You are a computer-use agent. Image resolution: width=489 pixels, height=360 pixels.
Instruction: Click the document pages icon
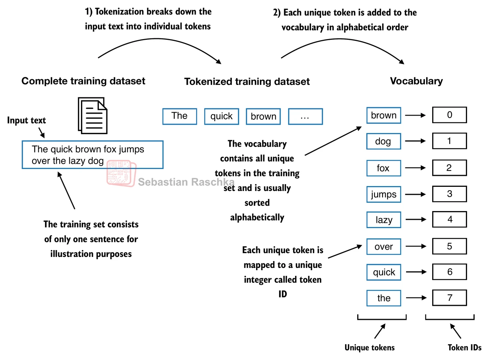point(92,116)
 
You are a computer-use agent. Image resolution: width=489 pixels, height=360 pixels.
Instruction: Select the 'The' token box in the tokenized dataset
point(180,116)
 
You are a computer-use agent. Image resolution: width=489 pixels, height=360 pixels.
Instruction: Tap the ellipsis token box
point(305,116)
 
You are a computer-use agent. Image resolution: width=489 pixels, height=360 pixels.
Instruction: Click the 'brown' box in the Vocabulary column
point(383,115)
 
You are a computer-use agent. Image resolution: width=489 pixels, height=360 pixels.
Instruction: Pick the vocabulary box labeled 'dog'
point(383,141)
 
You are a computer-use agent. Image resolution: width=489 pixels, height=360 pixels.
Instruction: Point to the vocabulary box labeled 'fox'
point(383,168)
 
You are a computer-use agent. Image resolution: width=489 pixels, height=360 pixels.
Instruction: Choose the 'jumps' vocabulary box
point(383,194)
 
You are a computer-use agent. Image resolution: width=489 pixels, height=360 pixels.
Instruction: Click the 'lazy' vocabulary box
point(383,220)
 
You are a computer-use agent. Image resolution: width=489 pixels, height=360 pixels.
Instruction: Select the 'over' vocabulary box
point(383,247)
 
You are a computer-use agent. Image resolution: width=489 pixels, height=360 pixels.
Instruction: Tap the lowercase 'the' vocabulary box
point(383,298)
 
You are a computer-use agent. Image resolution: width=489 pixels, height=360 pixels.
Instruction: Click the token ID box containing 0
point(449,115)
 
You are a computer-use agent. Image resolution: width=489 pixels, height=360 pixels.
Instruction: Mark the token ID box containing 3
point(449,194)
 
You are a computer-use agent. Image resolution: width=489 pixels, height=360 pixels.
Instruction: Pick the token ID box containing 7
point(449,298)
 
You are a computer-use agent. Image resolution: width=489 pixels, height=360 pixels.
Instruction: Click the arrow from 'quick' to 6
point(416,272)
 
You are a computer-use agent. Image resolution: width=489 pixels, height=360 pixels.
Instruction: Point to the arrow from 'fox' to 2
point(416,167)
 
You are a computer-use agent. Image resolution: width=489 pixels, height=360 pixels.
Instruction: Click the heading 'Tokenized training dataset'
point(247,81)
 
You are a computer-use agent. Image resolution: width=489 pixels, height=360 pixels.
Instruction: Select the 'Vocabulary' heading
point(416,81)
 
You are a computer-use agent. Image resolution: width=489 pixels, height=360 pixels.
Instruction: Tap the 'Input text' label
point(27,121)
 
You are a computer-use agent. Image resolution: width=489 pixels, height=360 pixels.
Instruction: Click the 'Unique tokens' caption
point(369,347)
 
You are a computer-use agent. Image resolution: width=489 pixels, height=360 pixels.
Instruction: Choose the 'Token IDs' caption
point(464,347)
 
